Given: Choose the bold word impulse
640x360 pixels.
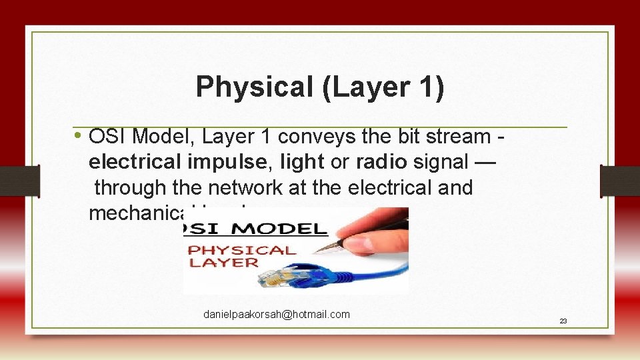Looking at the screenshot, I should pyautogui.click(x=237, y=162).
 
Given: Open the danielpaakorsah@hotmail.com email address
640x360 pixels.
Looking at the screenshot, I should pyautogui.click(x=277, y=314).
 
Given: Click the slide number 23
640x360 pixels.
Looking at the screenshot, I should pyautogui.click(x=563, y=321).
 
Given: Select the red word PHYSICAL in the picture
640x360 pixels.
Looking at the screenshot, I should pyautogui.click(x=242, y=250).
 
